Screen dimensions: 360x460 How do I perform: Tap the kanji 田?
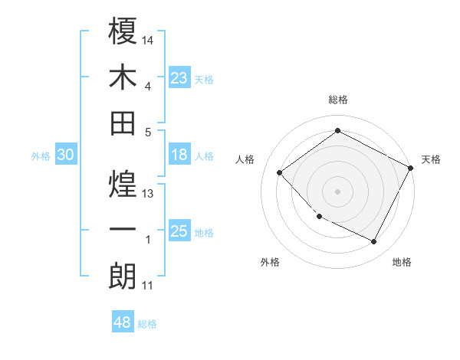(x=123, y=123)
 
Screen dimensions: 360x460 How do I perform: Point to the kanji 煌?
(x=123, y=183)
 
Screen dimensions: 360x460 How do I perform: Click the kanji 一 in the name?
(x=123, y=230)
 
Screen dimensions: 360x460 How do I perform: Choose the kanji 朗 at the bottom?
(x=123, y=277)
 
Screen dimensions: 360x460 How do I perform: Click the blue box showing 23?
(x=179, y=77)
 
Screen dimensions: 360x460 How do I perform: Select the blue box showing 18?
(x=179, y=155)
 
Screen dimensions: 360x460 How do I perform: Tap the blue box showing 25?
(x=179, y=231)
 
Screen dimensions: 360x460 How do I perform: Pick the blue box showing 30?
(x=66, y=155)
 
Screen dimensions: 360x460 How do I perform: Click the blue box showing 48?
(x=123, y=322)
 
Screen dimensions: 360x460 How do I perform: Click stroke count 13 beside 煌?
(x=149, y=194)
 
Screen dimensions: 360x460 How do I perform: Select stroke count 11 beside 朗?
(x=148, y=286)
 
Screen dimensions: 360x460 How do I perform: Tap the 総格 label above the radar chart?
(x=338, y=100)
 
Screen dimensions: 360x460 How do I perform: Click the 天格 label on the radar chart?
(x=431, y=159)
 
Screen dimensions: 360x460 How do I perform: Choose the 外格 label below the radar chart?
(x=270, y=262)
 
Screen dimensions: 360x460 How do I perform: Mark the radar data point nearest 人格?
(x=280, y=173)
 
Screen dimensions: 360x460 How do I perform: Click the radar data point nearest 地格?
(x=374, y=242)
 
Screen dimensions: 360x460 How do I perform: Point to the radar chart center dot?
(x=337, y=191)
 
